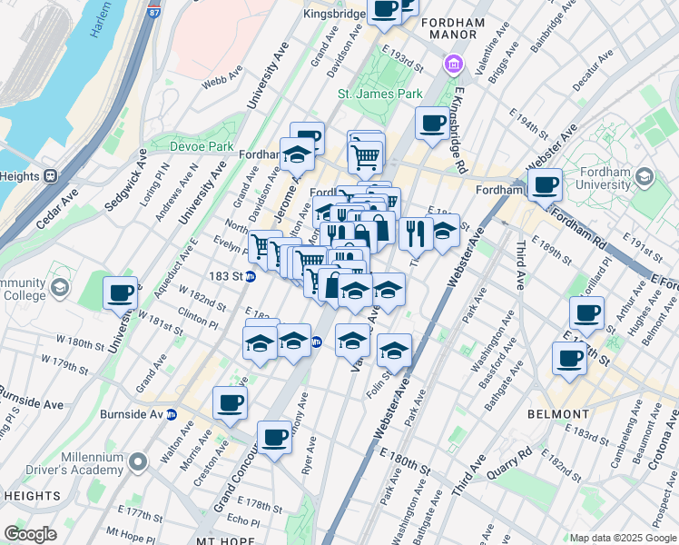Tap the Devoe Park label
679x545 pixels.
click(x=202, y=146)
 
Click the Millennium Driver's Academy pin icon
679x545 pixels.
click(x=138, y=462)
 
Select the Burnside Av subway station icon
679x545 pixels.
click(x=183, y=414)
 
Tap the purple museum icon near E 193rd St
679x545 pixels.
click(x=452, y=64)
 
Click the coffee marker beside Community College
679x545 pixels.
click(x=121, y=293)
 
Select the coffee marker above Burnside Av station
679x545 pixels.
click(x=230, y=402)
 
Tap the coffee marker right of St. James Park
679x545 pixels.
click(x=432, y=122)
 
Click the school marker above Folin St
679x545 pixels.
click(x=394, y=350)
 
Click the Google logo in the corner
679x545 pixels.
click(x=30, y=534)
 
